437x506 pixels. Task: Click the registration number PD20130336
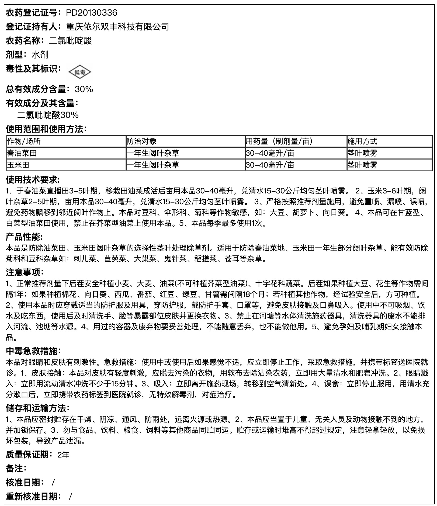(x=92, y=13)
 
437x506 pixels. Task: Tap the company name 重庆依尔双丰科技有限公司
(x=117, y=27)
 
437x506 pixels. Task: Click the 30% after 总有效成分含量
(x=84, y=89)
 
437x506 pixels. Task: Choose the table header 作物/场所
(x=24, y=141)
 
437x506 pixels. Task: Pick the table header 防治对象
(x=142, y=141)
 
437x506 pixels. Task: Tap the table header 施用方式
(x=362, y=141)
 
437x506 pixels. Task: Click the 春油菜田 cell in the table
(x=22, y=153)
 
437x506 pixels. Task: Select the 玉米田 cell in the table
(x=18, y=165)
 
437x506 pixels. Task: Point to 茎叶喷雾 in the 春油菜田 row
(x=362, y=153)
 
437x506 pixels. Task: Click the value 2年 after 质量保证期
(x=63, y=455)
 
